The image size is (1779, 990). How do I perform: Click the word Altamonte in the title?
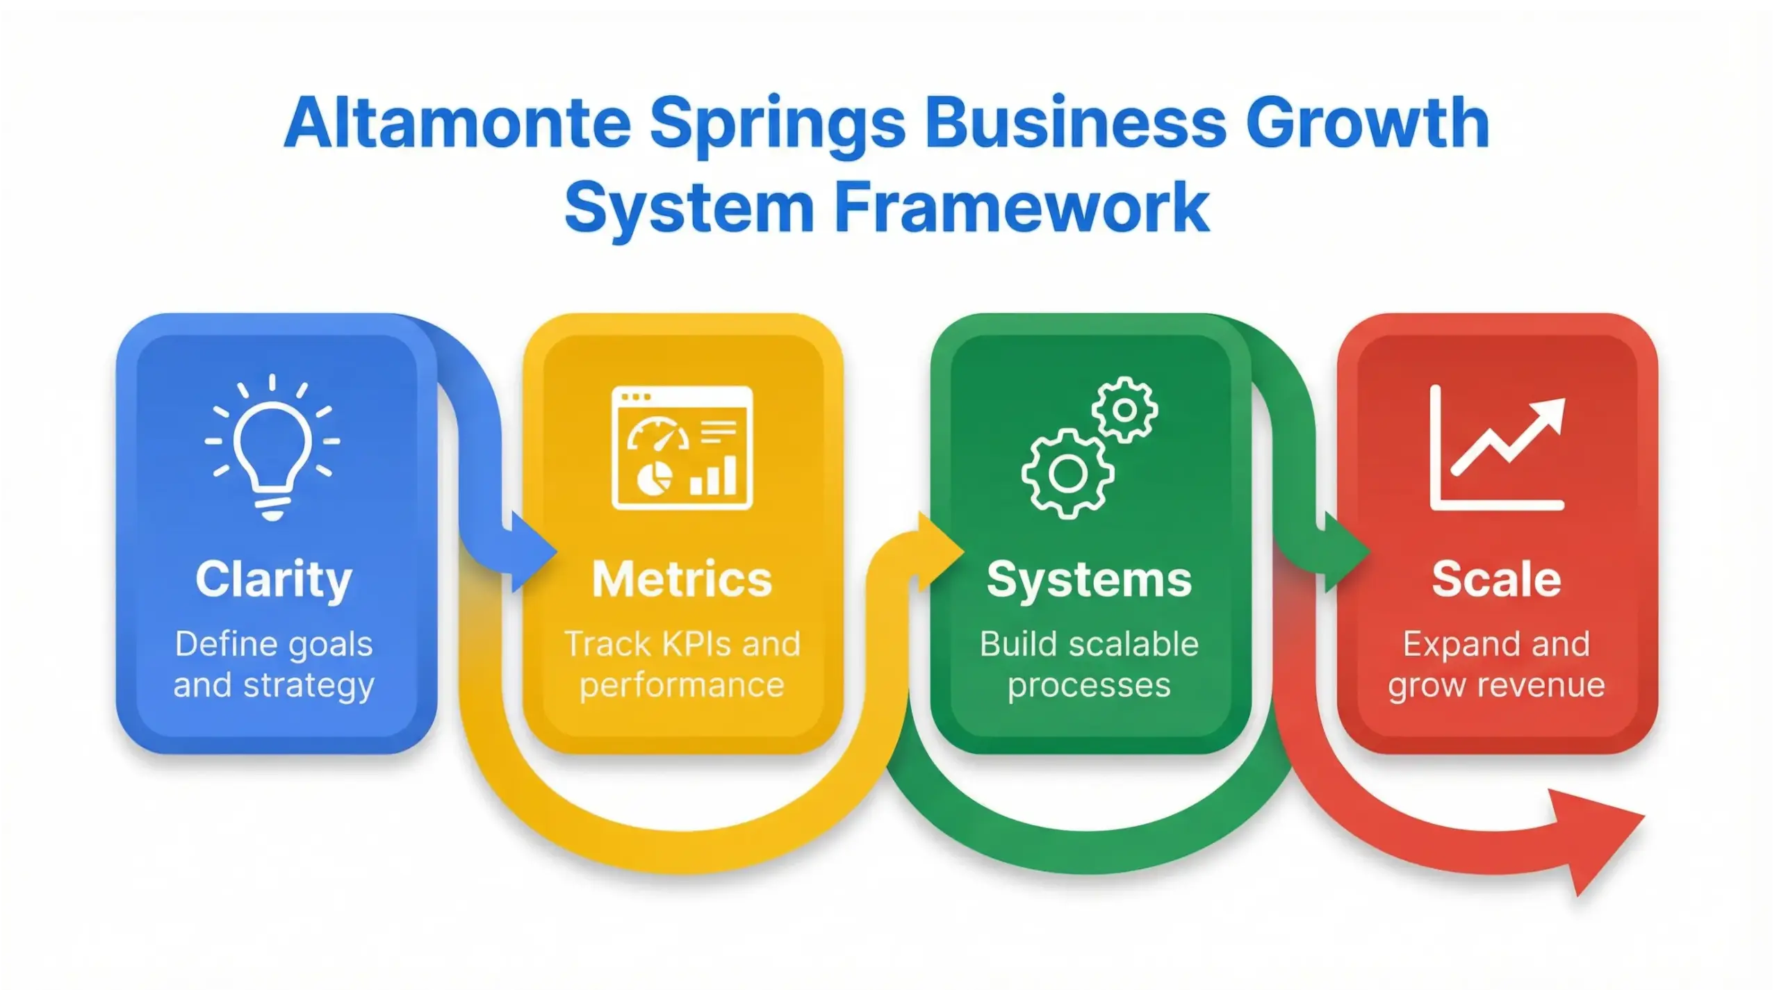(x=457, y=124)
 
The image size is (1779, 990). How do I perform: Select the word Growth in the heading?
(x=1367, y=124)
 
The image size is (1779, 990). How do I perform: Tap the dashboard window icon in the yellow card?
(x=682, y=448)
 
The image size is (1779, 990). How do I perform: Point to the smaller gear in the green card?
(x=1124, y=410)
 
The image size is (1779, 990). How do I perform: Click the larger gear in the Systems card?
(x=1067, y=474)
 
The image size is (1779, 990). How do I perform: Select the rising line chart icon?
(x=1496, y=448)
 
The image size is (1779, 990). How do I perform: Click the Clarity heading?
(x=274, y=579)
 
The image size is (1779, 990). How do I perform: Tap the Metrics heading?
(x=682, y=579)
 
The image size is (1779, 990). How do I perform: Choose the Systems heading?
(x=1089, y=579)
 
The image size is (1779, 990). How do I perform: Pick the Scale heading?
(x=1496, y=579)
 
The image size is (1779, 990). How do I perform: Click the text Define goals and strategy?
(x=274, y=664)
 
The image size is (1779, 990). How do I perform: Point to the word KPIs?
(x=698, y=644)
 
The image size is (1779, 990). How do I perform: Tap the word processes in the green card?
(x=1089, y=685)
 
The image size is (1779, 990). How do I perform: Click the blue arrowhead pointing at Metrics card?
(x=532, y=552)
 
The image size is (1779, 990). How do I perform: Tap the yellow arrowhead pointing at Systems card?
(x=940, y=552)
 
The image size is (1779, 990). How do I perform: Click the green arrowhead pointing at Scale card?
(x=1345, y=552)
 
